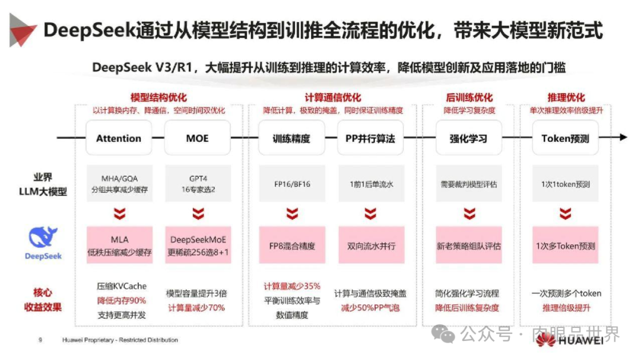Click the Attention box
click(x=119, y=138)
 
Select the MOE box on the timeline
click(x=198, y=138)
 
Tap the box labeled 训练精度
click(x=291, y=138)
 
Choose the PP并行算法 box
click(x=370, y=138)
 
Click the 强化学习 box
click(x=468, y=138)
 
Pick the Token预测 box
click(x=564, y=138)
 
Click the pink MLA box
click(x=119, y=245)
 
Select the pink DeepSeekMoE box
click(x=198, y=245)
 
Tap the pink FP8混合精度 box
click(x=291, y=245)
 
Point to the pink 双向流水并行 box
click(x=370, y=245)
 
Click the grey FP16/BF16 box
click(x=291, y=184)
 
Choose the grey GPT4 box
click(x=198, y=184)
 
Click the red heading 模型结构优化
click(x=158, y=98)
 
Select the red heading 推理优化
click(x=566, y=98)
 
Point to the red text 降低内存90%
click(x=121, y=301)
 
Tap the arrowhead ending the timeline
click(x=623, y=138)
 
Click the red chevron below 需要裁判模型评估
click(x=469, y=214)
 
